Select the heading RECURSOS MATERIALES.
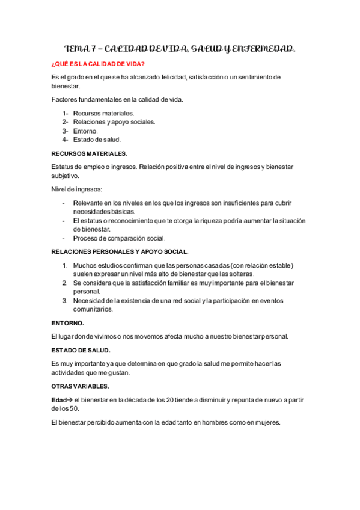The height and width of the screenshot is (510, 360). (90, 153)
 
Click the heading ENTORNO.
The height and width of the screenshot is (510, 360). (67, 323)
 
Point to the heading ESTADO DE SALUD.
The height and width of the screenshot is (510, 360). (81, 349)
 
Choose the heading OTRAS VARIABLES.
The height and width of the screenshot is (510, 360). (81, 385)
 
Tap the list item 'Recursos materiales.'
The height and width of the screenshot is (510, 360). (103, 113)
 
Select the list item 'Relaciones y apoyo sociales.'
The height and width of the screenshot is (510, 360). (114, 121)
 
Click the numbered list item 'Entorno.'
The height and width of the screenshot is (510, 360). (85, 131)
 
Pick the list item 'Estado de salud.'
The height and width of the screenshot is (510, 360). (97, 140)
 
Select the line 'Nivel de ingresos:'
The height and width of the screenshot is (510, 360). (77, 189)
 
